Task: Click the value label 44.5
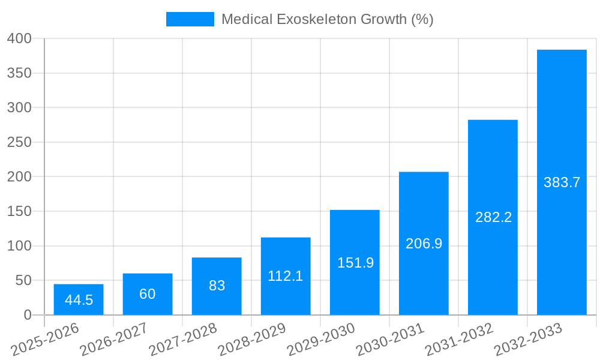tap(79, 300)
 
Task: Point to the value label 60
tap(148, 294)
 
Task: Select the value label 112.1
tap(286, 276)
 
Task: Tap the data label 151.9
tap(355, 263)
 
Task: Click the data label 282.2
tap(493, 217)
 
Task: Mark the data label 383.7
tap(562, 182)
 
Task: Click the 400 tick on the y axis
tap(19, 38)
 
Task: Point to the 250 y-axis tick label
tap(19, 142)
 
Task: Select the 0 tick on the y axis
tap(27, 315)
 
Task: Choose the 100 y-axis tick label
tap(19, 246)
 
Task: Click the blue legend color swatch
tap(190, 19)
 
